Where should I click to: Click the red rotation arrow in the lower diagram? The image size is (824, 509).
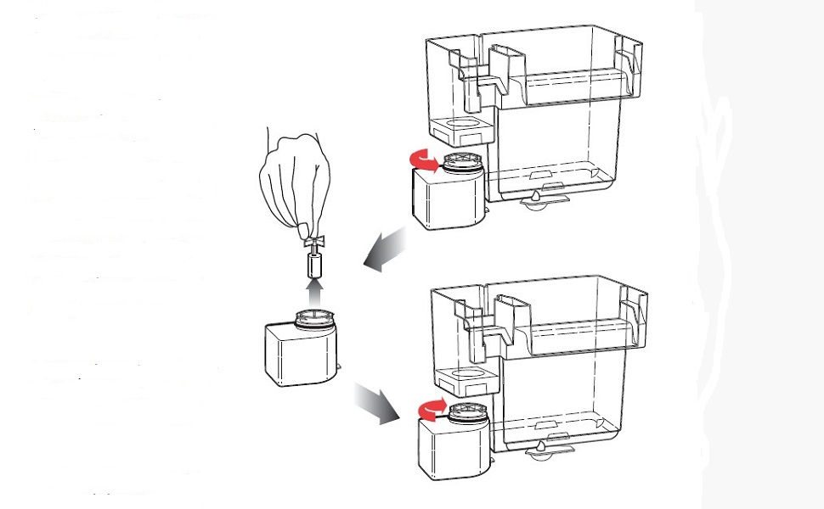[x=432, y=408]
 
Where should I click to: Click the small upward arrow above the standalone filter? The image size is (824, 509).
[x=316, y=294]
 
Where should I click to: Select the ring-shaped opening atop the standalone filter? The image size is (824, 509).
[x=315, y=319]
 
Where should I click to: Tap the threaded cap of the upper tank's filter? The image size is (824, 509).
[x=458, y=161]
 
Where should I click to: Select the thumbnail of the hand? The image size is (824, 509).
[x=302, y=227]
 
